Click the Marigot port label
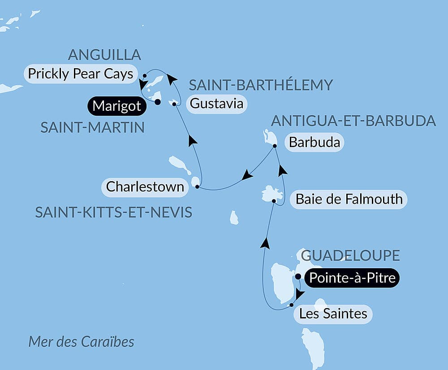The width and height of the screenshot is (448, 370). coord(117,106)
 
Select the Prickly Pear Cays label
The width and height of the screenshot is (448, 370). coord(80,74)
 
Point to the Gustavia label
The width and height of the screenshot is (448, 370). coord(216,104)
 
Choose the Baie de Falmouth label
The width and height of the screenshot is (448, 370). coord(349,199)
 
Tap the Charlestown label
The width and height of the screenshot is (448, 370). coord(145,186)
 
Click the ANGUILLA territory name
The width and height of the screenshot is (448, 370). coord(104,55)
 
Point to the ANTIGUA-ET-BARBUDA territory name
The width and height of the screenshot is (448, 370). coord(353,121)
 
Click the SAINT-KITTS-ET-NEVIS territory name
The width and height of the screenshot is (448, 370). coord(114,212)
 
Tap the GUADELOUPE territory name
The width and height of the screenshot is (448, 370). coord(350,256)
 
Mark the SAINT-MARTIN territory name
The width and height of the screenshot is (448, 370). coord(93,127)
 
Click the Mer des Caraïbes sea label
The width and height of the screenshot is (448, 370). coord(81,342)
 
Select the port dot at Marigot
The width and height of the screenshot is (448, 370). coord(157,102)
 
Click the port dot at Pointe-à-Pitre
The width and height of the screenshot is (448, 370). coord(298,277)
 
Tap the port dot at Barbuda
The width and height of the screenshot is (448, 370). coord(275,146)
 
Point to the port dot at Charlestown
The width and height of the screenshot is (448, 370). coord(197,186)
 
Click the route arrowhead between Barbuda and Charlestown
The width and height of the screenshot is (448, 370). coord(247,176)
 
